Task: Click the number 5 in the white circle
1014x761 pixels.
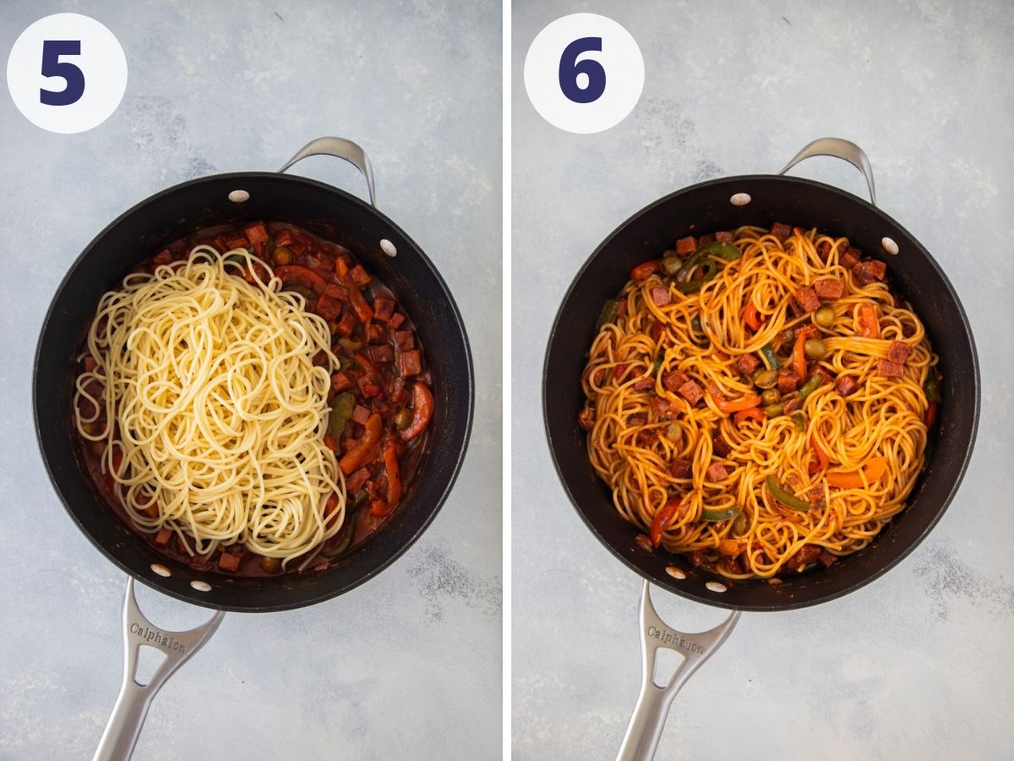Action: [x=63, y=73]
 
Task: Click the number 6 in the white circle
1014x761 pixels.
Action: [x=582, y=70]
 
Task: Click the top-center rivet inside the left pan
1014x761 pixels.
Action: [x=239, y=196]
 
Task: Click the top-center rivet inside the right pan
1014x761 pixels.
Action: [x=740, y=199]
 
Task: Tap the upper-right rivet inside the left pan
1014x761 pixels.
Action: [x=388, y=247]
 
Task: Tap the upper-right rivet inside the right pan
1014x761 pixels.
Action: [x=890, y=245]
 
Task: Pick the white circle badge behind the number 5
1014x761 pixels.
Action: [x=67, y=73]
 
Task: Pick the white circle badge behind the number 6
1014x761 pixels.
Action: [x=584, y=73]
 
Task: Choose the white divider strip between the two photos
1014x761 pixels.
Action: [x=507, y=380]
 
